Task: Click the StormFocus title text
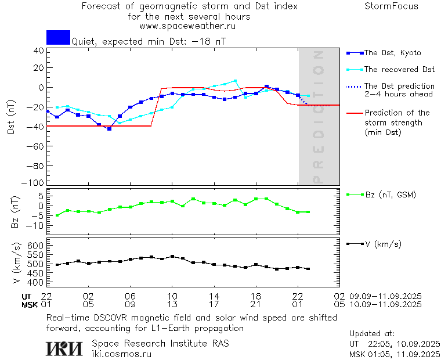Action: tap(391, 6)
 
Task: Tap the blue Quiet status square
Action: tap(58, 37)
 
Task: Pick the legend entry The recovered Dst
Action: tap(399, 69)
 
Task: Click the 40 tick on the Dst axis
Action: tap(39, 50)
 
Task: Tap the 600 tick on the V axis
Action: tap(35, 246)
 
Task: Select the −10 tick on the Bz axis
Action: tap(36, 225)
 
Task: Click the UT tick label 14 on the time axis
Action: tap(214, 296)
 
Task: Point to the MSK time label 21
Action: tap(256, 304)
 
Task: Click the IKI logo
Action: tap(64, 348)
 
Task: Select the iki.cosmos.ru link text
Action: tap(121, 354)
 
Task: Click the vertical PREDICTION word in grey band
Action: tap(318, 117)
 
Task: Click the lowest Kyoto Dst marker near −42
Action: tap(109, 129)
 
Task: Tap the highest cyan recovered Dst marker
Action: tap(235, 81)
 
